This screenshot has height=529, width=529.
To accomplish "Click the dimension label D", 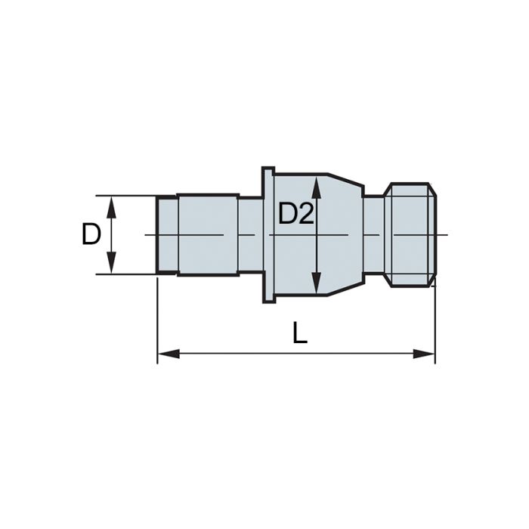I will coord(91,234).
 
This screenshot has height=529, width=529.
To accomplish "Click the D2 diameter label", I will coord(295,214).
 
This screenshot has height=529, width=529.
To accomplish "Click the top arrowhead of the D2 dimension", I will coord(317,182).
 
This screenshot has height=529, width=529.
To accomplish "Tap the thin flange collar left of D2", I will coord(268,234).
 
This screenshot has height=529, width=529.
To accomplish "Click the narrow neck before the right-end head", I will coord(373,234).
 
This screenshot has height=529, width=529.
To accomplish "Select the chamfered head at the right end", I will coord(410,234).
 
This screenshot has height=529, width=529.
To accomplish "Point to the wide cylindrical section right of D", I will coord(208,234).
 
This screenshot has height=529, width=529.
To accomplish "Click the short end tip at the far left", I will coord(166,234).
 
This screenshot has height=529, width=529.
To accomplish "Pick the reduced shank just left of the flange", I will coord(250,234).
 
